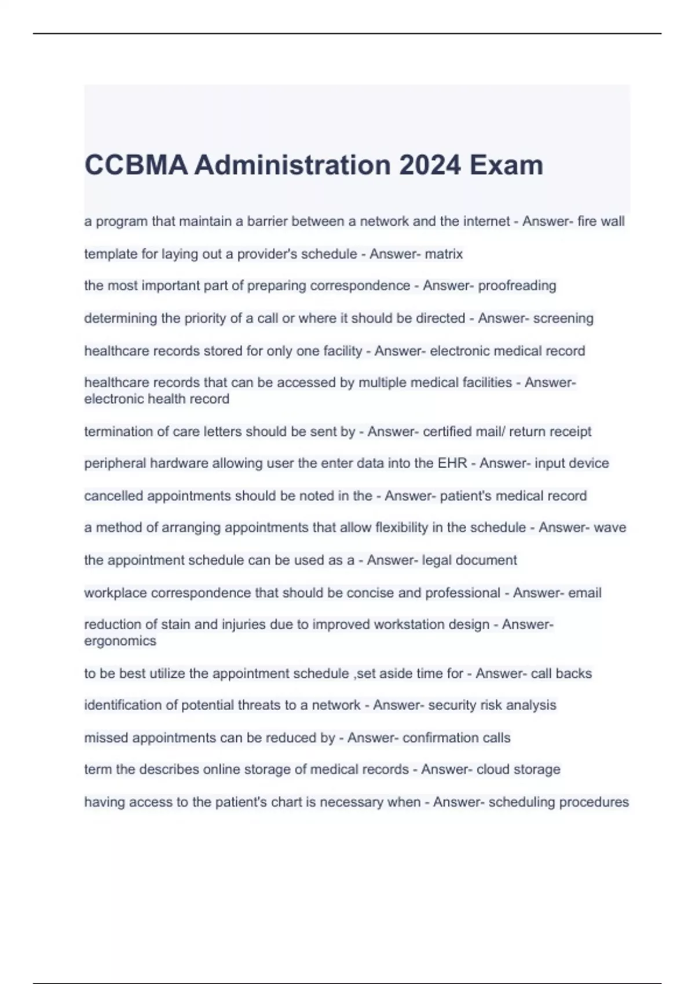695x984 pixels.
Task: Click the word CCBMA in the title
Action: pyautogui.click(x=136, y=165)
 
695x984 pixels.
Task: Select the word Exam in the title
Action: pyautogui.click(x=506, y=165)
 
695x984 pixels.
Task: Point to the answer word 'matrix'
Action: pyautogui.click(x=444, y=254)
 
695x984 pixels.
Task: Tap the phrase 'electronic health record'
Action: pyautogui.click(x=156, y=399)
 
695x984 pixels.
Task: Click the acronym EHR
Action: pyautogui.click(x=452, y=463)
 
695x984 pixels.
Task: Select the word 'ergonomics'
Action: pyautogui.click(x=120, y=641)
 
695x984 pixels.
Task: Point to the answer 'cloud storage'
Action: pyautogui.click(x=518, y=769)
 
